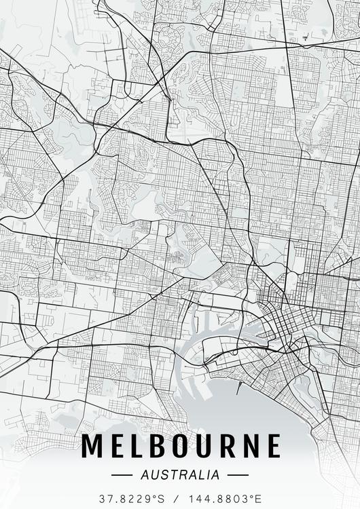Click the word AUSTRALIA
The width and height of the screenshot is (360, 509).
tap(180, 474)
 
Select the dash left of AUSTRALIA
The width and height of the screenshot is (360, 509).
tap(125, 474)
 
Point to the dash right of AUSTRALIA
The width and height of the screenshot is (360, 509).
tap(235, 474)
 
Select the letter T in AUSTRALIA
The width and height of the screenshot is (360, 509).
tap(169, 474)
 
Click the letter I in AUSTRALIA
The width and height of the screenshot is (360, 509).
tap(209, 474)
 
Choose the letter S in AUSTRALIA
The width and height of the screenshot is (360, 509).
tap(160, 474)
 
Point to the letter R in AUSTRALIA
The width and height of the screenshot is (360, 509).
tap(179, 474)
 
